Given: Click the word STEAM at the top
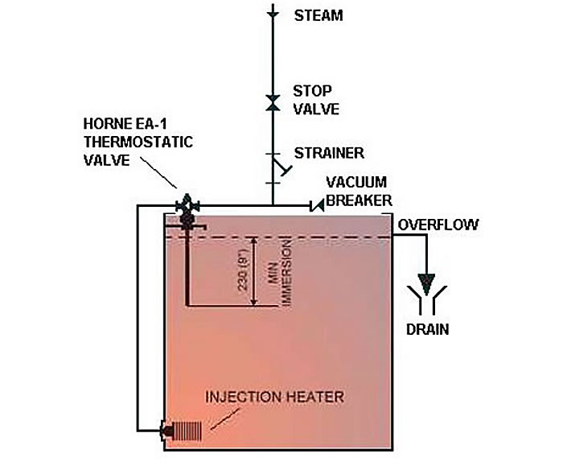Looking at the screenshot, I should pos(319,14).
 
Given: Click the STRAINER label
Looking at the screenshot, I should pos(328,153).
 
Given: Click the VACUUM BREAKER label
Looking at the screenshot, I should pos(360,191).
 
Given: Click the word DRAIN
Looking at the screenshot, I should pos(427,328).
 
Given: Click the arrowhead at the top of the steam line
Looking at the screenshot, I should pos(273,13).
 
